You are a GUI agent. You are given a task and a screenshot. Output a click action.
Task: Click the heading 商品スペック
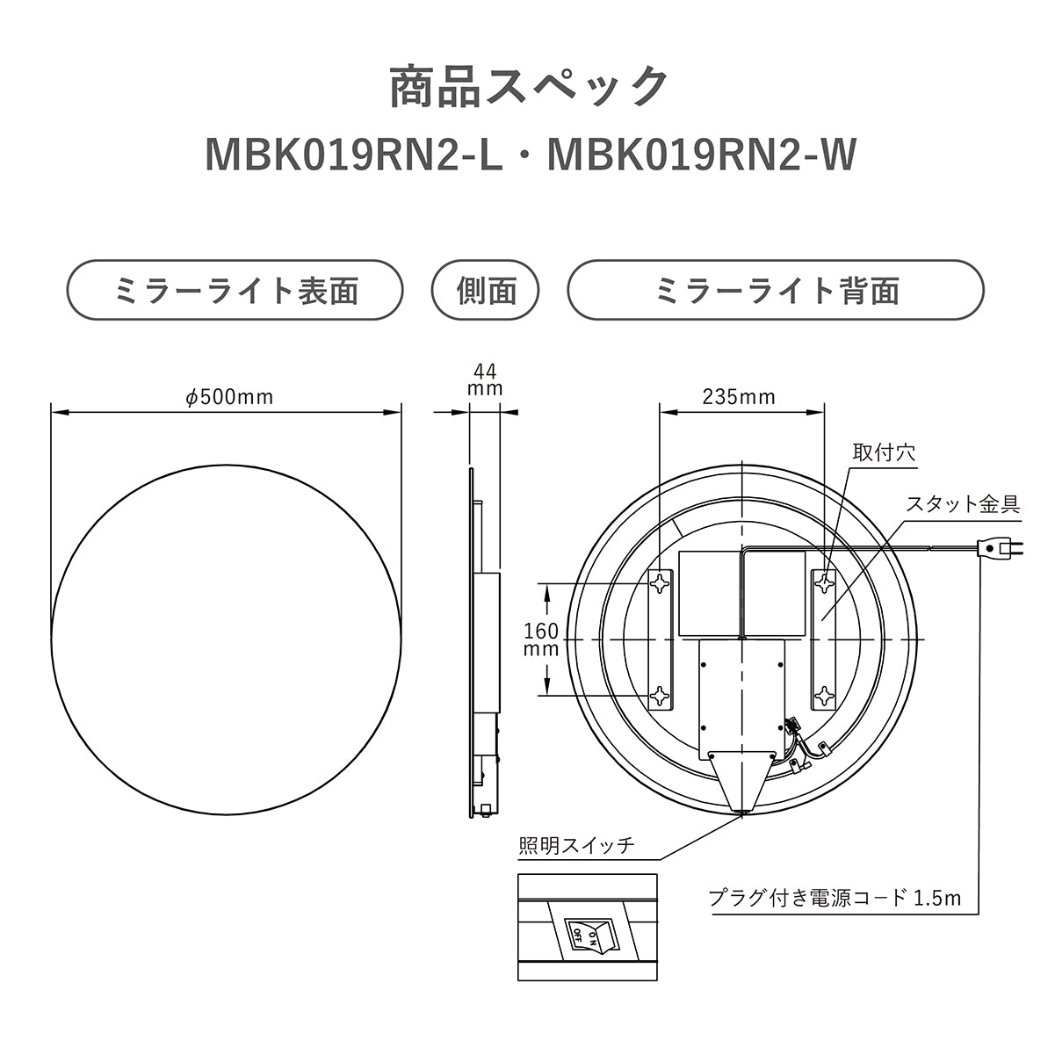[528, 87]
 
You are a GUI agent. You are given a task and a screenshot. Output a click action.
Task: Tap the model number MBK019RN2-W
[700, 155]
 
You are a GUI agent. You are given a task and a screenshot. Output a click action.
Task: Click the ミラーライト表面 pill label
[235, 291]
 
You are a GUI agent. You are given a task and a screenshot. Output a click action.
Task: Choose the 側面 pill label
[486, 291]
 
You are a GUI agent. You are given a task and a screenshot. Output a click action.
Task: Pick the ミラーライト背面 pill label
[776, 291]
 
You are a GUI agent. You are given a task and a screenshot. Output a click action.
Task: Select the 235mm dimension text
[739, 397]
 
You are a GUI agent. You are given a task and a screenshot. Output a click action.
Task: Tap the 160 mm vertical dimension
[541, 640]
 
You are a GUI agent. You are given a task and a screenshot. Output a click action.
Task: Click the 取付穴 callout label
[884, 453]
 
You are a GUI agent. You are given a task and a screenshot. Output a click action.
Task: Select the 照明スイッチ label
[576, 846]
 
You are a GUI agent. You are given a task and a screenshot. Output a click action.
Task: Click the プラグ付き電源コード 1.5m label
[835, 898]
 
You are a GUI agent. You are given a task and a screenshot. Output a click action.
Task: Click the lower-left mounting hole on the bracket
[660, 697]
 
